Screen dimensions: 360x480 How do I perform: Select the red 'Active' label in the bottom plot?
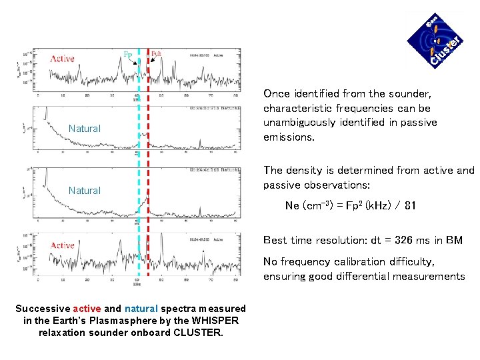pyautogui.click(x=62, y=245)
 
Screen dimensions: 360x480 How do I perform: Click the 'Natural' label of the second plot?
pyautogui.click(x=85, y=128)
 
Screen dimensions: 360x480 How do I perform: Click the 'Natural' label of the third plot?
pyautogui.click(x=85, y=190)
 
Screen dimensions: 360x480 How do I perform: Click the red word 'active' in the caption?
pyautogui.click(x=87, y=309)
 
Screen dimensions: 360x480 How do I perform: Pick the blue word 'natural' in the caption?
pyautogui.click(x=141, y=309)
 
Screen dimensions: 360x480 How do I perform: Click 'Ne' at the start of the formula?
pyautogui.click(x=292, y=205)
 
